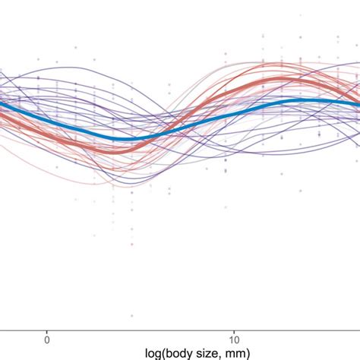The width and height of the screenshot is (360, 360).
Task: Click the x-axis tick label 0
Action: (x=47, y=338)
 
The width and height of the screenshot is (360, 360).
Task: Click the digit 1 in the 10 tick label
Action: (x=230, y=338)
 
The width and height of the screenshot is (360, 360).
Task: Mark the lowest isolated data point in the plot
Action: (x=132, y=316)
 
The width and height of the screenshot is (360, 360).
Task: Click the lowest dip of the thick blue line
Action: (x=122, y=138)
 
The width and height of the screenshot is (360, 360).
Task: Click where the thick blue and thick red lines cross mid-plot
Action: (x=173, y=128)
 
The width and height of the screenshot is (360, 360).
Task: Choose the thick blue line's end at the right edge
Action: (x=358, y=106)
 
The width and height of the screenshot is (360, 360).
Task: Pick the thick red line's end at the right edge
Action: (x=358, y=96)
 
